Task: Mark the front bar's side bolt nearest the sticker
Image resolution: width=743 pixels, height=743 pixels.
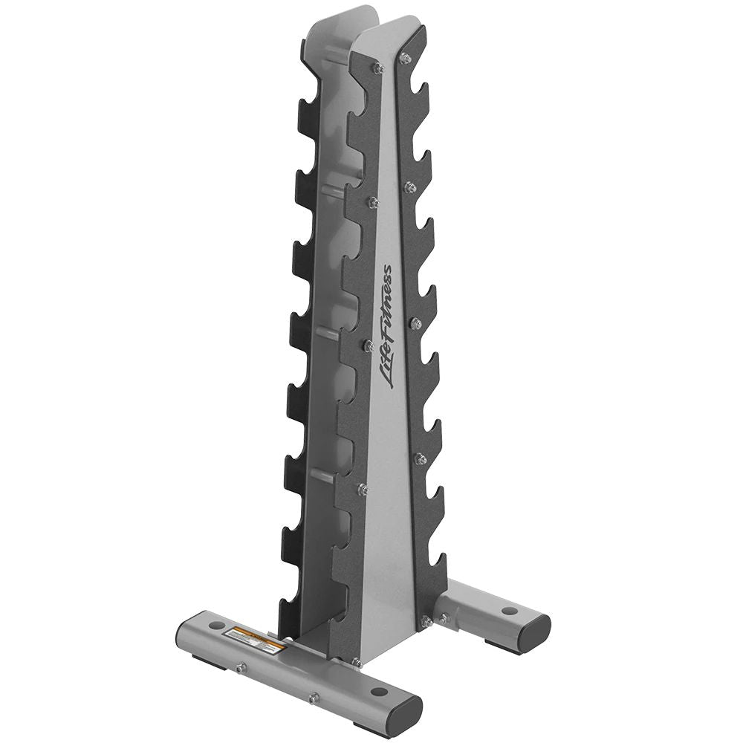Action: tap(240, 668)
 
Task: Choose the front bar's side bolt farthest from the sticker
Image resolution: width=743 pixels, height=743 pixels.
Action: tap(314, 698)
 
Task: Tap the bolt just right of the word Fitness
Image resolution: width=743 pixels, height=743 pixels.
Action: tap(416, 323)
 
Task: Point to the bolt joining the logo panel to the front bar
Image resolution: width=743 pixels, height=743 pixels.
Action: tap(356, 662)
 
